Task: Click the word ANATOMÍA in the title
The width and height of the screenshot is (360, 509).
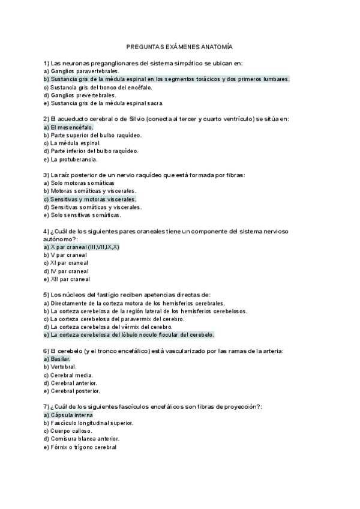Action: pyautogui.click(x=215, y=46)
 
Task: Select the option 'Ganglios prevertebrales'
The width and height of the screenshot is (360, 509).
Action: pyautogui.click(x=80, y=95)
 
